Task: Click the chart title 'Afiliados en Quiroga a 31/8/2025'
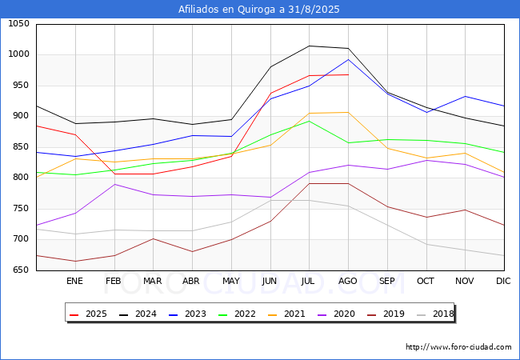(259, 10)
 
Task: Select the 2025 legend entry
(89, 314)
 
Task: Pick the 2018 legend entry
(435, 314)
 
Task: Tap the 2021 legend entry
(287, 314)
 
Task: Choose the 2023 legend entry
(188, 314)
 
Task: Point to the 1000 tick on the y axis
(18, 54)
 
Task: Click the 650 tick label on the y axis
(22, 270)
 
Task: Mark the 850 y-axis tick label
(22, 146)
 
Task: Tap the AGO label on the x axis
(347, 281)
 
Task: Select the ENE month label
(74, 281)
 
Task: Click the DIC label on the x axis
(503, 281)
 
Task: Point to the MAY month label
(231, 281)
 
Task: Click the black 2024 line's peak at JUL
(309, 46)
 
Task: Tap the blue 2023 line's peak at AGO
(348, 59)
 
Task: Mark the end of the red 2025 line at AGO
(348, 74)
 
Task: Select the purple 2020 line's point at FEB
(114, 184)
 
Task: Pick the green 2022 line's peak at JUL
(309, 121)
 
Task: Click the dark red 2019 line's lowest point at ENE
(76, 262)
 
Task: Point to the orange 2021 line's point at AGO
(348, 112)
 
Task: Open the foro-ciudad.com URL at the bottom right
(458, 347)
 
